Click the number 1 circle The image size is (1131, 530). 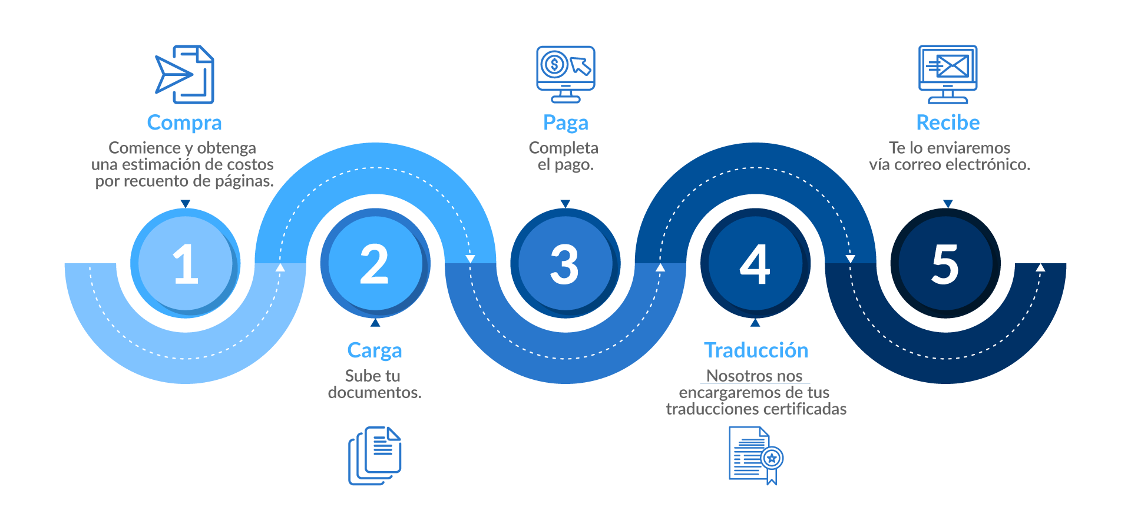[185, 263]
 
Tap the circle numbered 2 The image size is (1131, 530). [375, 263]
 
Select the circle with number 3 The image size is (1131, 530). [564, 263]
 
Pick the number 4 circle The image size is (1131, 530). [755, 263]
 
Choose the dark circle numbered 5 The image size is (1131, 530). [945, 263]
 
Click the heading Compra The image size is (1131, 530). [184, 122]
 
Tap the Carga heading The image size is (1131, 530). [375, 350]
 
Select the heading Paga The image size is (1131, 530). [565, 122]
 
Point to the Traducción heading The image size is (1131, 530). [756, 350]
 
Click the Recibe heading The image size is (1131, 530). [948, 122]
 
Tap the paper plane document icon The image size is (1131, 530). [185, 74]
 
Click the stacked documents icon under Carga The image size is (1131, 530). [375, 456]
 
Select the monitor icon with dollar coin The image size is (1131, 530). [565, 73]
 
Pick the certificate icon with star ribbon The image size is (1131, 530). [756, 456]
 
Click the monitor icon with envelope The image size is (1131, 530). [948, 73]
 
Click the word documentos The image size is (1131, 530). [375, 393]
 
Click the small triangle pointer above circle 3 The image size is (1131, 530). [565, 204]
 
